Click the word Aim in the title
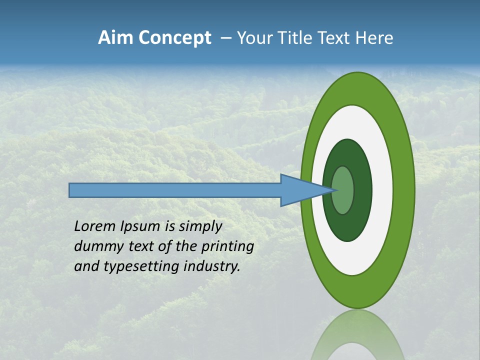point(116,38)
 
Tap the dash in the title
point(226,38)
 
